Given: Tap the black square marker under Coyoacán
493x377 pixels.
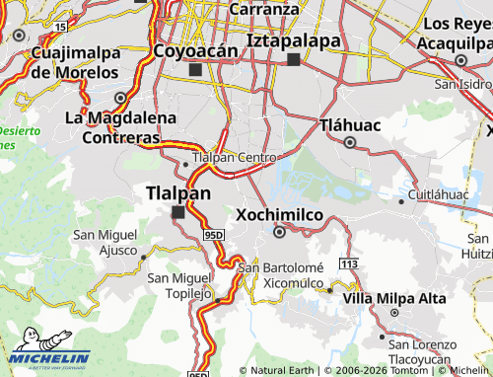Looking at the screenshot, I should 194,70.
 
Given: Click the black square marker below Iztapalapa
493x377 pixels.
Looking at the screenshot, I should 293,59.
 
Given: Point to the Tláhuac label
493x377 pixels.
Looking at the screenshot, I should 350,124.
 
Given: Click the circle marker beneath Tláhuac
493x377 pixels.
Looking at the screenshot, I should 350,142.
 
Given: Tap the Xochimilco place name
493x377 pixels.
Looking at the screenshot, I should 279,213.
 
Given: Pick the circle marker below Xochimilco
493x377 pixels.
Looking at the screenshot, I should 279,233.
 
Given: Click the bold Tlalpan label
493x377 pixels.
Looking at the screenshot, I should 177,192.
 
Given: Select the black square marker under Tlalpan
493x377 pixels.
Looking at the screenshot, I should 178,212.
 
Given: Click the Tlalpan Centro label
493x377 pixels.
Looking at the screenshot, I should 235,157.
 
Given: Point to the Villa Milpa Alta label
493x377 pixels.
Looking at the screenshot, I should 394,297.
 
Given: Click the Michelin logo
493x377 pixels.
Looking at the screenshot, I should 50,359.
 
